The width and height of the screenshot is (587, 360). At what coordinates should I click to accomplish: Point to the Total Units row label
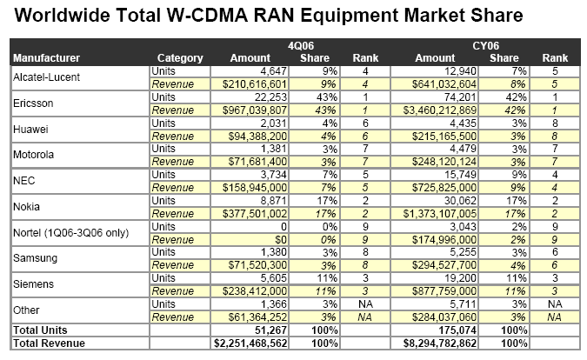point(38,330)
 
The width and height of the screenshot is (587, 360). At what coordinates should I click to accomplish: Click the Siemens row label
point(34,283)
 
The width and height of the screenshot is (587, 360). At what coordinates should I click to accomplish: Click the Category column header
point(181,58)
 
